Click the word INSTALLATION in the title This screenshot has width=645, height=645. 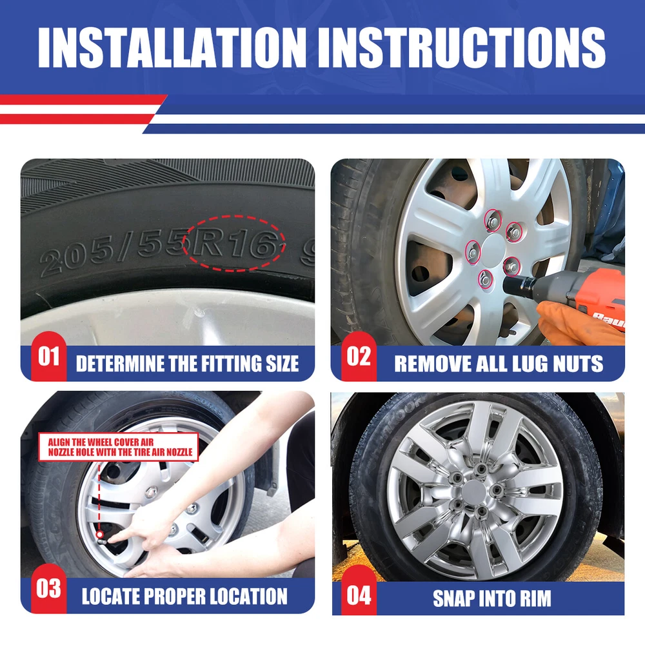(x=172, y=48)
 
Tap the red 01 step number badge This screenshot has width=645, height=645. (x=48, y=356)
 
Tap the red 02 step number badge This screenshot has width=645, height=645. (x=359, y=356)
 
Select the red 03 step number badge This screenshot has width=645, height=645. (x=48, y=589)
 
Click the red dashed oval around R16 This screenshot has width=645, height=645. (x=233, y=215)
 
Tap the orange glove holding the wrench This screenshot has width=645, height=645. (x=576, y=325)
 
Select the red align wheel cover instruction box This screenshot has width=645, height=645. (x=119, y=447)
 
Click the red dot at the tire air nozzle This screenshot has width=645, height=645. (x=99, y=535)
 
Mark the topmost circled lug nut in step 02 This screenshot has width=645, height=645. (x=493, y=221)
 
